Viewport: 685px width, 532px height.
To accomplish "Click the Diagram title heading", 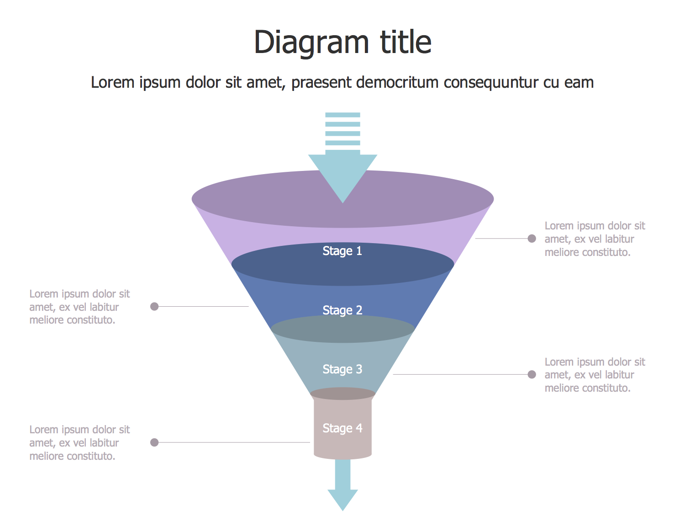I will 342,42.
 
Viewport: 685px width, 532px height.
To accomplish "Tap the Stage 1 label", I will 342,251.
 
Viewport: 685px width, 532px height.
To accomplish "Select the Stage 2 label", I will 342,310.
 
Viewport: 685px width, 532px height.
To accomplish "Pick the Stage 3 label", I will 342,369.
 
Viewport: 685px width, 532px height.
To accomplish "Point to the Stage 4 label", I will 342,428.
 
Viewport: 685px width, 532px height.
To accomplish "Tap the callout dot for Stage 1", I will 532,239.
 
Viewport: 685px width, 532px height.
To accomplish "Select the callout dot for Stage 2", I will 154,306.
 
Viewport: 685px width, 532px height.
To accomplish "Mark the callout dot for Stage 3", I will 532,375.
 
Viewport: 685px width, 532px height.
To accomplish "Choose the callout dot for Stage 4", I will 154,442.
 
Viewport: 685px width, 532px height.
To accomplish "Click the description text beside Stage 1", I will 594,239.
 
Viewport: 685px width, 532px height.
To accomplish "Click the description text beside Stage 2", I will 79,307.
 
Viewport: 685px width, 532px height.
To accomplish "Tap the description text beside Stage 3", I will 594,375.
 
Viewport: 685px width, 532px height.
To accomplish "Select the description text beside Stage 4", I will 79,443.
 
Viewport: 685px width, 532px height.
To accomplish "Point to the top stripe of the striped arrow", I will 342,115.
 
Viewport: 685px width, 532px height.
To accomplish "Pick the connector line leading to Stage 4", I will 233,442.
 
